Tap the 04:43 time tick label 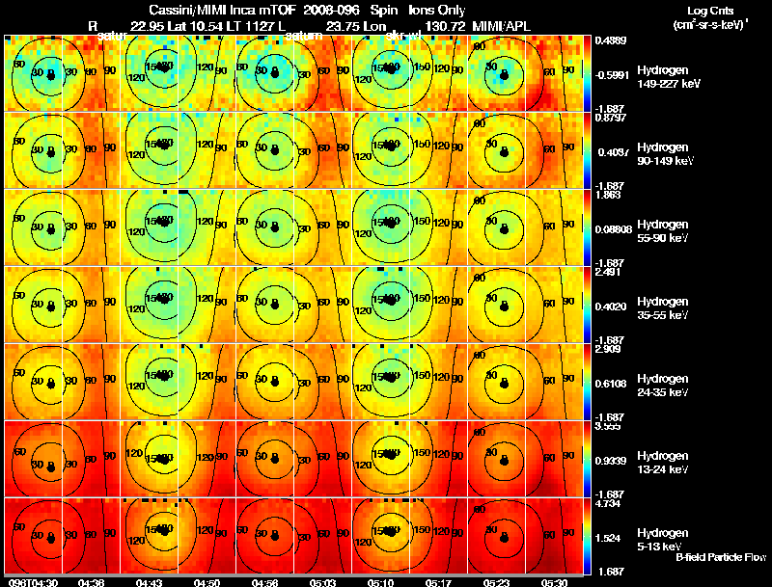coord(150,582)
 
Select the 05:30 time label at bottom coord(555,582)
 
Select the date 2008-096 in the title coord(323,10)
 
